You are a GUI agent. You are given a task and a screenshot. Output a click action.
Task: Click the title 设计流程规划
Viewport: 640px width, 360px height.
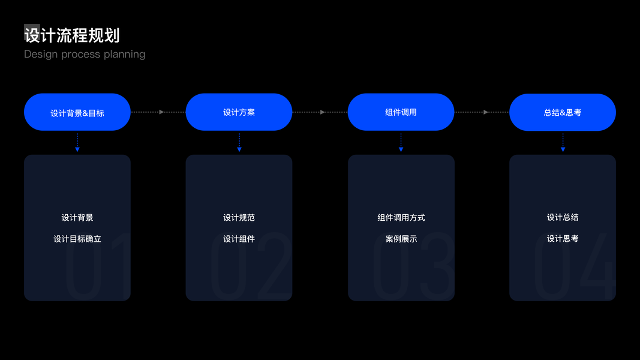(72, 35)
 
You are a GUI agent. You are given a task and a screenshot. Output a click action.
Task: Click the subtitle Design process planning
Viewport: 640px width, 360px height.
(85, 54)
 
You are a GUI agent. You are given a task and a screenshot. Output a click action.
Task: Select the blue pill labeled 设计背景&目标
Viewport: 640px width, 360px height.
(77, 112)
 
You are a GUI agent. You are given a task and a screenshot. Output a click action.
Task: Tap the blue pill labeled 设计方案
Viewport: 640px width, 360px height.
(239, 112)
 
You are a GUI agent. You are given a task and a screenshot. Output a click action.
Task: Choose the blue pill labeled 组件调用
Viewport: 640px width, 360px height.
(401, 112)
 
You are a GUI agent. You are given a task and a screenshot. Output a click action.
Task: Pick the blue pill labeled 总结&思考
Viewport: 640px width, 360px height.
(563, 112)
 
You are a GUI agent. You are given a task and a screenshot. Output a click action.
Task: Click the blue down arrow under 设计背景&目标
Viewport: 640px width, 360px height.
(77, 143)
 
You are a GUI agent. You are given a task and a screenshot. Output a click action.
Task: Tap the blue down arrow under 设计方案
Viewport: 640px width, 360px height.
(239, 143)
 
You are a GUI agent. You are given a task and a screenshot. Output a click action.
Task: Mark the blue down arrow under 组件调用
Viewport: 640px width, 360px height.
(401, 143)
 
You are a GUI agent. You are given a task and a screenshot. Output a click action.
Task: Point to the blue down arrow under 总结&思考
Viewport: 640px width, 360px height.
(563, 143)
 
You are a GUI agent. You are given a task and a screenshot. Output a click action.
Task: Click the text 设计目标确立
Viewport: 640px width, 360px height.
(77, 239)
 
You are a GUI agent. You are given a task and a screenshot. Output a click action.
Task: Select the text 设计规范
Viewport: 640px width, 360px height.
(239, 217)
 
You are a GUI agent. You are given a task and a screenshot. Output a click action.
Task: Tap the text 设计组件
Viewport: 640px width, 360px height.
(239, 239)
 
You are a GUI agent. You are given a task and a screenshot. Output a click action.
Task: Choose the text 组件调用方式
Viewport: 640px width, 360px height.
(401, 217)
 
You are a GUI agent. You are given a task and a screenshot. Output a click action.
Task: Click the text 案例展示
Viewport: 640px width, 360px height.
(401, 239)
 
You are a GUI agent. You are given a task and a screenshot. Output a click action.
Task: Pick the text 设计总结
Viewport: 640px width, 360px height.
(563, 217)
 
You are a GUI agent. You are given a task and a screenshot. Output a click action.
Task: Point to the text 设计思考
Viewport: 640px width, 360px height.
(563, 239)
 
